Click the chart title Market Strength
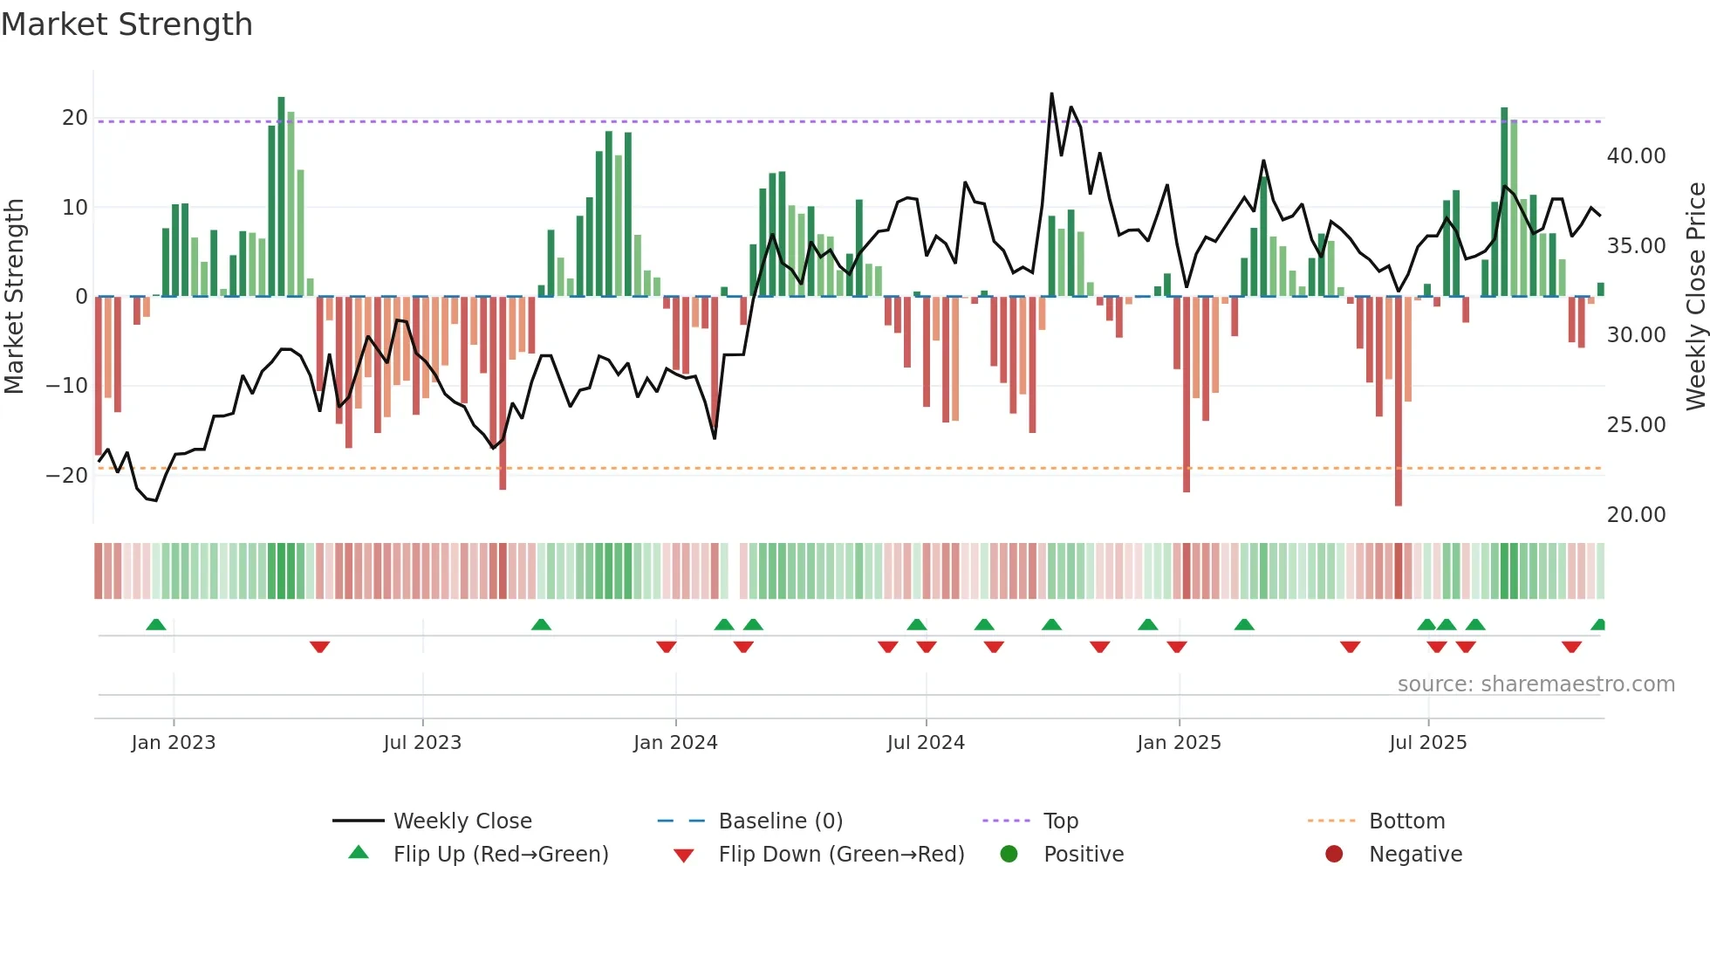coord(127,24)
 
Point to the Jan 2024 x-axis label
coord(675,742)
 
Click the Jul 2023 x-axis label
coord(422,742)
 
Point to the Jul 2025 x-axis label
coord(1428,742)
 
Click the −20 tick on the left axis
coord(67,475)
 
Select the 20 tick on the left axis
coord(75,118)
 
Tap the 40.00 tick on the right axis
coord(1636,156)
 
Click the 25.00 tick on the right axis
coord(1636,425)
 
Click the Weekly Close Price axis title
coord(1695,296)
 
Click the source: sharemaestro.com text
coord(1536,684)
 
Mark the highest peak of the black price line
coord(1051,93)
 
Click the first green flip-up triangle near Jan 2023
coord(156,624)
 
